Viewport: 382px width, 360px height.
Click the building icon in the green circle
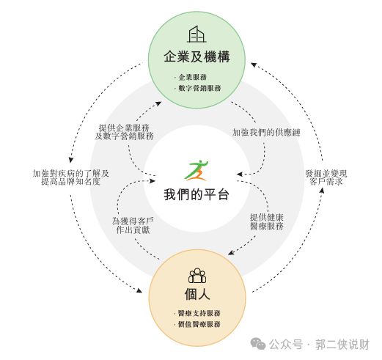pyautogui.click(x=196, y=34)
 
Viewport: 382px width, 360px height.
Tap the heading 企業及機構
pyautogui.click(x=196, y=56)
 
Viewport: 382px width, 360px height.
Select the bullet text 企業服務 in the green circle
pyautogui.click(x=193, y=77)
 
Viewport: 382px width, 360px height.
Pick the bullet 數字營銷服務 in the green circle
pyautogui.click(x=199, y=88)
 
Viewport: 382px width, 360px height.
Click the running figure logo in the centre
pyautogui.click(x=197, y=170)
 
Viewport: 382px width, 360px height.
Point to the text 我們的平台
pyautogui.click(x=196, y=195)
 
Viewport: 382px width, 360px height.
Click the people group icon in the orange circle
pyautogui.click(x=197, y=276)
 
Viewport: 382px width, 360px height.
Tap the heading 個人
pyautogui.click(x=197, y=294)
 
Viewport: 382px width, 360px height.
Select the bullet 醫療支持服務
pyautogui.click(x=199, y=313)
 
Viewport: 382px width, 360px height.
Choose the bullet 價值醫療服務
pyautogui.click(x=199, y=324)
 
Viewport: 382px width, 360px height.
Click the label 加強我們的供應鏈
pyautogui.click(x=266, y=133)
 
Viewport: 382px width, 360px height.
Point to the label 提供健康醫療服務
pyautogui.click(x=267, y=222)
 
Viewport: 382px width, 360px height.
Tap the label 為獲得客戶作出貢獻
pyautogui.click(x=133, y=226)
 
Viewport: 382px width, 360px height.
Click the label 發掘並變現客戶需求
pyautogui.click(x=326, y=177)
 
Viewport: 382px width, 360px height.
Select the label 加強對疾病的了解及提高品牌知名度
pyautogui.click(x=70, y=177)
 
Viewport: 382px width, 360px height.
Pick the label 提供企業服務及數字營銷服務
pyautogui.click(x=124, y=132)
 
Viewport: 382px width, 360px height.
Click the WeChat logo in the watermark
pyautogui.click(x=258, y=343)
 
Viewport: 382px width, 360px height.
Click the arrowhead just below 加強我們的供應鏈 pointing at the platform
pyautogui.click(x=240, y=175)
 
